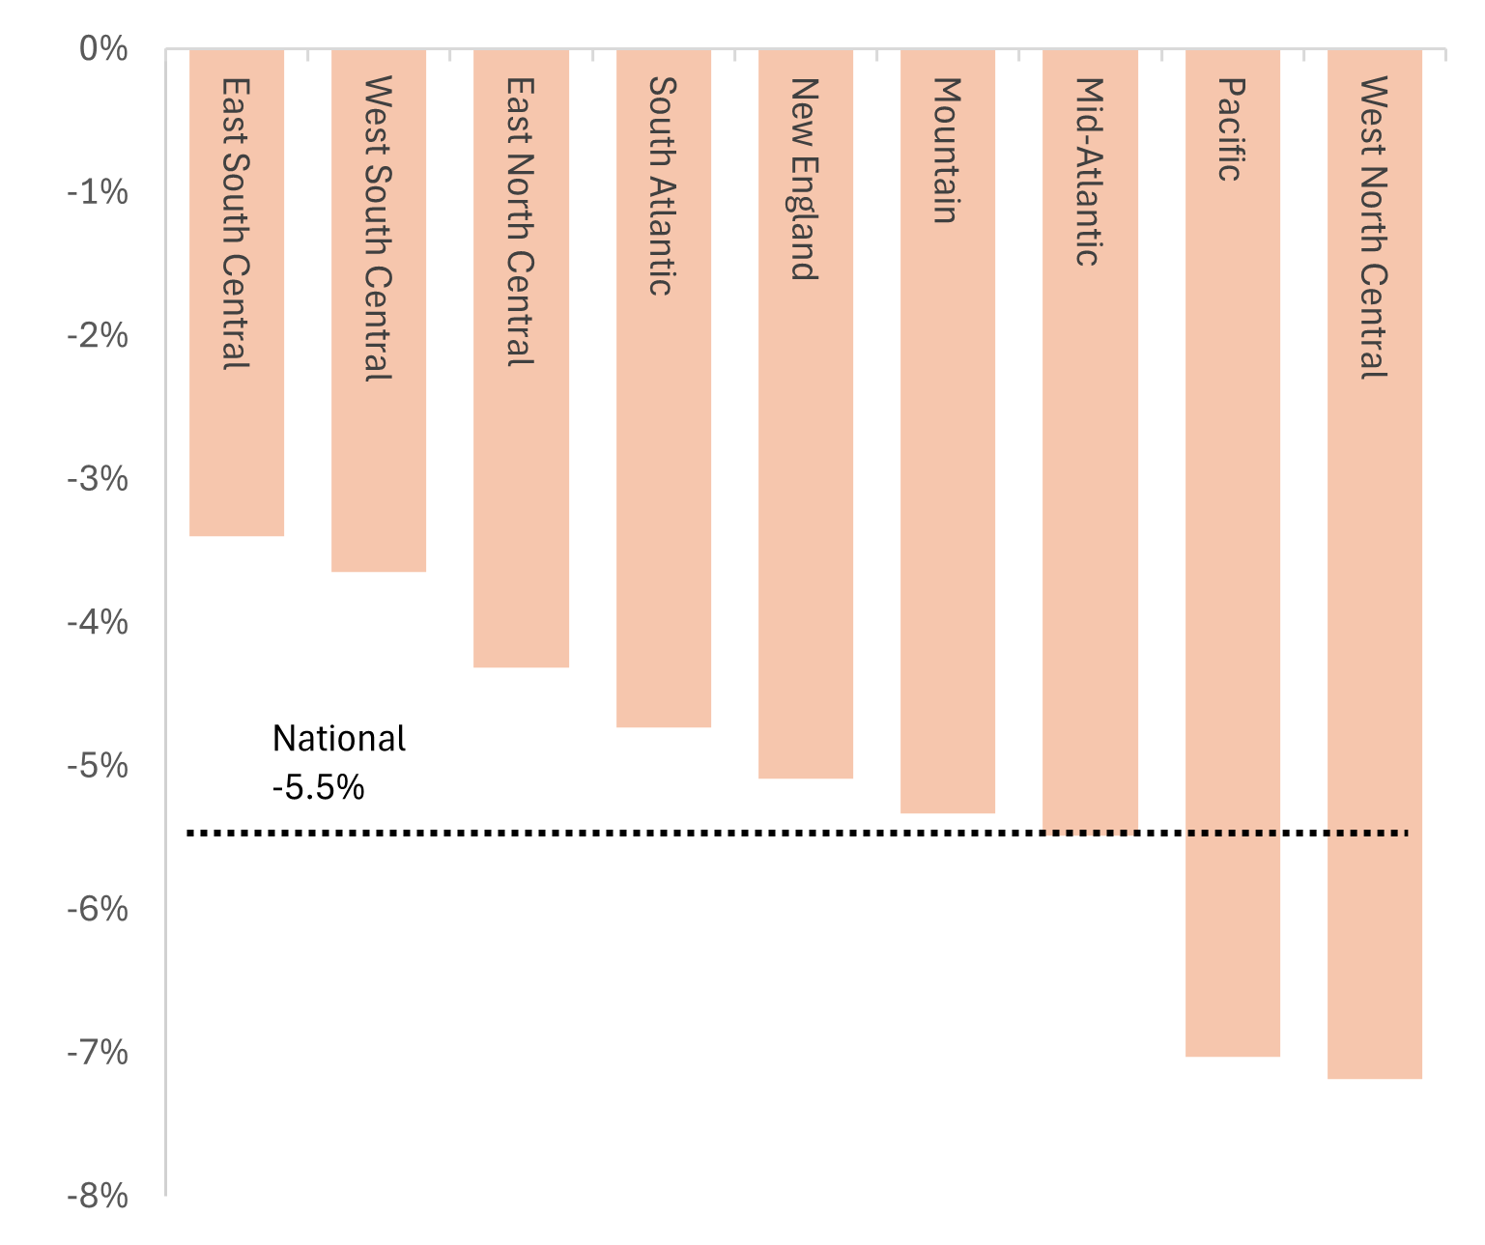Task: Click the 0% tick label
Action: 103,49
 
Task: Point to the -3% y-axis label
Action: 98,479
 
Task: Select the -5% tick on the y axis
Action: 98,766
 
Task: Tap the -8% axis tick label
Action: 98,1197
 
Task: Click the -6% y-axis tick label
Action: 98,909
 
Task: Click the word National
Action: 339,739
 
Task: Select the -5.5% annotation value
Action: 318,788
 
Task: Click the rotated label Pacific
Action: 1229,129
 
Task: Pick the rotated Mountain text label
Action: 946,151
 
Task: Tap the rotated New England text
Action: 804,179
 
